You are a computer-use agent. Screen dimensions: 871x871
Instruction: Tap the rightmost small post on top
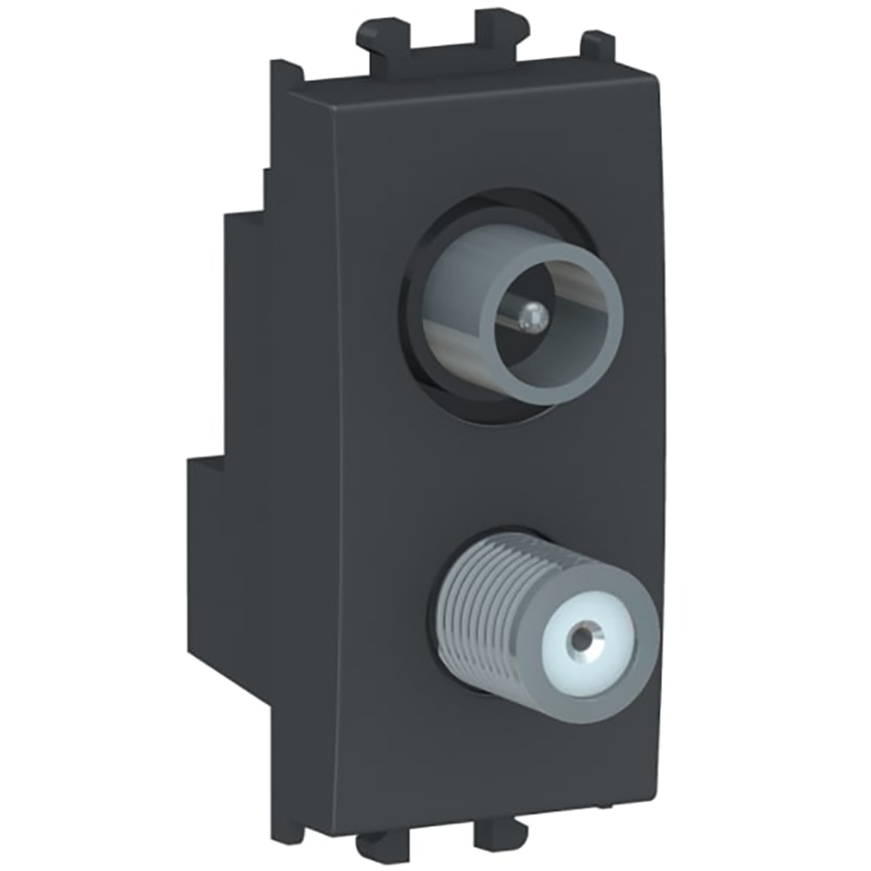tap(598, 44)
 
